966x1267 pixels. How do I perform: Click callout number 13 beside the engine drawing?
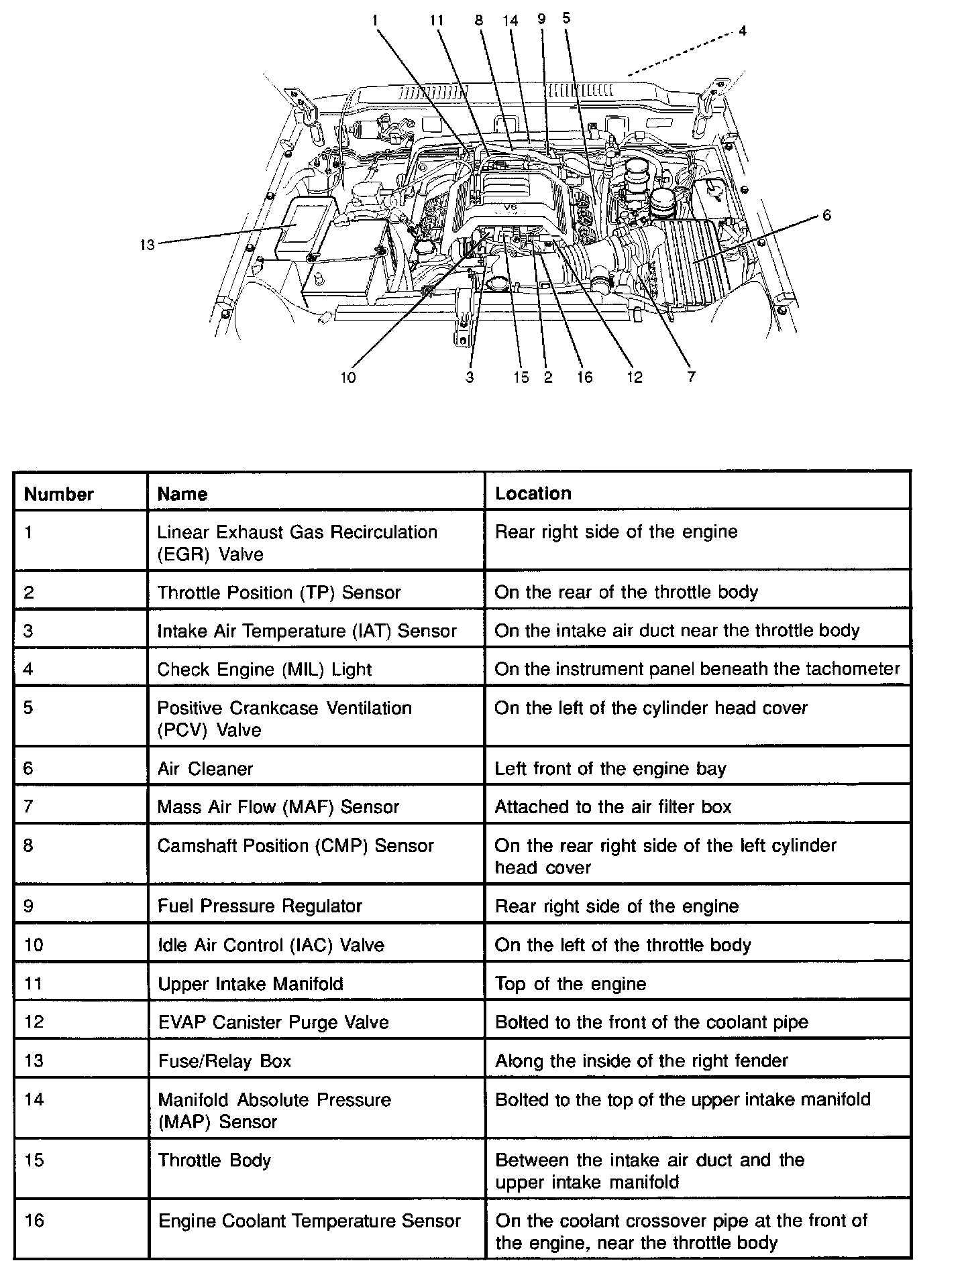coord(147,245)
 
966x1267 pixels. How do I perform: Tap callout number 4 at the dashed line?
coord(743,31)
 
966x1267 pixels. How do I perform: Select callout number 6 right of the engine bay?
coord(826,216)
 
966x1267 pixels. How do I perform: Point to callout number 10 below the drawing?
coord(347,377)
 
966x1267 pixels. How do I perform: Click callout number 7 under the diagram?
coord(691,377)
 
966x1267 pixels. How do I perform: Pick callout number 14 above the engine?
coord(511,21)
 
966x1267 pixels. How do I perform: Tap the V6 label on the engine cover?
coord(511,208)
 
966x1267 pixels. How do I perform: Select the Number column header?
coord(59,494)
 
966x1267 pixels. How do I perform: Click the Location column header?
coord(533,493)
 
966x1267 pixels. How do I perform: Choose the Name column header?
coord(182,494)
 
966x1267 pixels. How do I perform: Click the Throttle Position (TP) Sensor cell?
coord(278,593)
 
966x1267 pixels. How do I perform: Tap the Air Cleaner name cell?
coord(205,768)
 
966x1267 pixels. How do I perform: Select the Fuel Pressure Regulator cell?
coord(260,906)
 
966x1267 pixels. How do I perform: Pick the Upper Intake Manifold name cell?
coord(250,983)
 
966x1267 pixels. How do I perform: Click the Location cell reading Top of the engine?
coord(570,983)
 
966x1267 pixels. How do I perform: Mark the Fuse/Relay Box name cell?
coord(224,1061)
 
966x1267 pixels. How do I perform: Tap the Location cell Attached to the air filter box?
coord(612,807)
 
